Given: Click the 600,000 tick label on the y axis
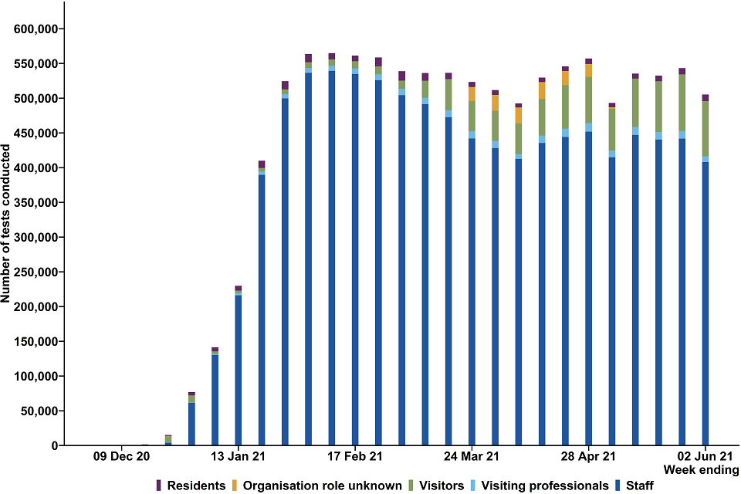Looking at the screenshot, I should point(36,29).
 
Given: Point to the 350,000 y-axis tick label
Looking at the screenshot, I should point(36,202).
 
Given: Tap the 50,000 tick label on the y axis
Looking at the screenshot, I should point(39,411).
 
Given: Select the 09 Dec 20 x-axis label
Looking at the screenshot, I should point(122,456).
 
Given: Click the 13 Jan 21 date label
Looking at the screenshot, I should point(239,456).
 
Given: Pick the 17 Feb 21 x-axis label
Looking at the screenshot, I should point(355,456).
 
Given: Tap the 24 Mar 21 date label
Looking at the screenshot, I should point(472,456).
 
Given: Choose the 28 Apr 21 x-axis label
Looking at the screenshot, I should point(588,456).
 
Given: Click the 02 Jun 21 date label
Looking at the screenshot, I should point(705,456).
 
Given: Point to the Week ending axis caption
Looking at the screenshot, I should point(704,470).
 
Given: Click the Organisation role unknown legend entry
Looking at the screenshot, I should point(322,486).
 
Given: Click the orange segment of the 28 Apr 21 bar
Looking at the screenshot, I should point(588,70).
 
